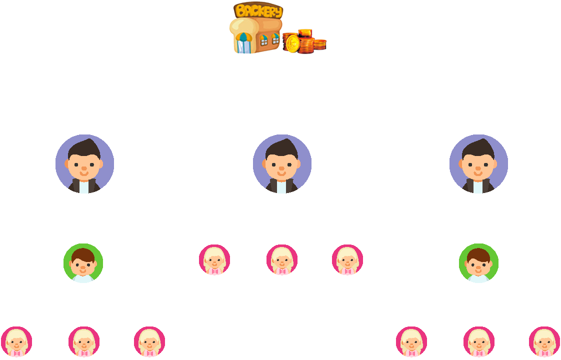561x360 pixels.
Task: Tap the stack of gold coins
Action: (304, 41)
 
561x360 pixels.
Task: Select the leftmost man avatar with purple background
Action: (84, 164)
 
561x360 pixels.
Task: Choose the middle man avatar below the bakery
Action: (282, 164)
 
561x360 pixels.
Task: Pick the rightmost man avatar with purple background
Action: (478, 164)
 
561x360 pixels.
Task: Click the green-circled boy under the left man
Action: (83, 263)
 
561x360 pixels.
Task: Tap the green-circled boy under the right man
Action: (478, 263)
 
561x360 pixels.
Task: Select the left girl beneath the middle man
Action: (214, 260)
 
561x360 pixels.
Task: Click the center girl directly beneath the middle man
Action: (282, 260)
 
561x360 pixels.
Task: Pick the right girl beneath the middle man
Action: (347, 260)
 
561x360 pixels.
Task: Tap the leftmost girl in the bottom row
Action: (16, 342)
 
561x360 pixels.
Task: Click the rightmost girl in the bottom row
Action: (544, 342)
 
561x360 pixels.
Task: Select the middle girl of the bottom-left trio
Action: (84, 342)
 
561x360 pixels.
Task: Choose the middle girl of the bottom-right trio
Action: (479, 342)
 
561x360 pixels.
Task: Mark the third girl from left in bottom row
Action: (149, 342)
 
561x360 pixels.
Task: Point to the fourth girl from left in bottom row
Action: (411, 342)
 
